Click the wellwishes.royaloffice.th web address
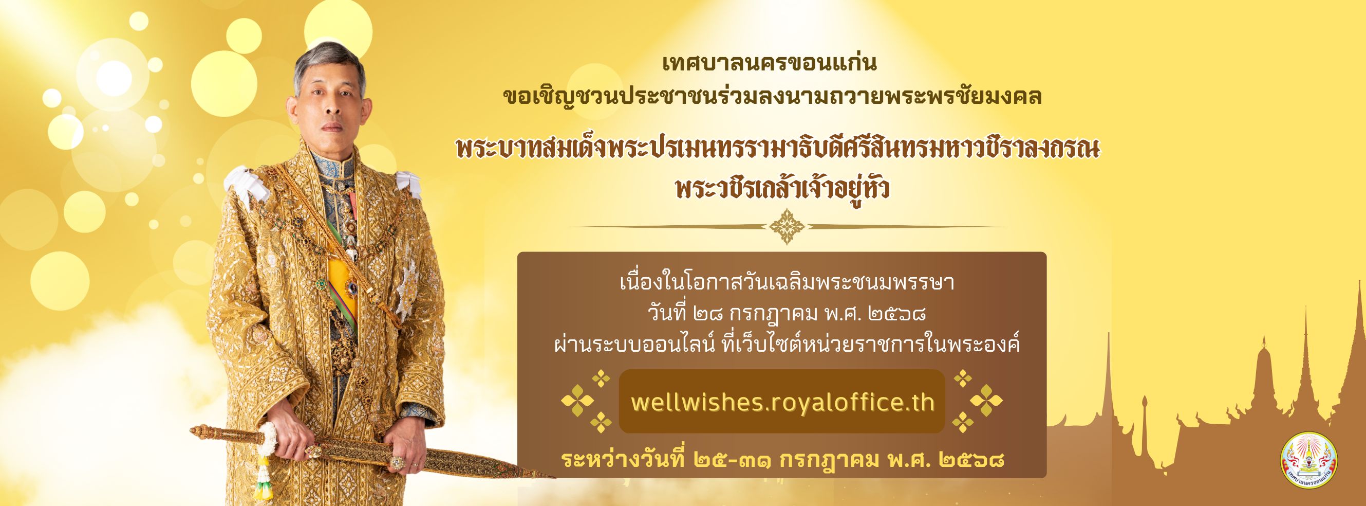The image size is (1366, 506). [782, 402]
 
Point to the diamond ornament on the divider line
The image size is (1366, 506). [787, 227]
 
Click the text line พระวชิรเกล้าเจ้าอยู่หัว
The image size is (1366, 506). [783, 190]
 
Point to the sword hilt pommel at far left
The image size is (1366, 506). [199, 430]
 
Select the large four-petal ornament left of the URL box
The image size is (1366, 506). [577, 401]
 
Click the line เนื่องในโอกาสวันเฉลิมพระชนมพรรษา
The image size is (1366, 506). [787, 282]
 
